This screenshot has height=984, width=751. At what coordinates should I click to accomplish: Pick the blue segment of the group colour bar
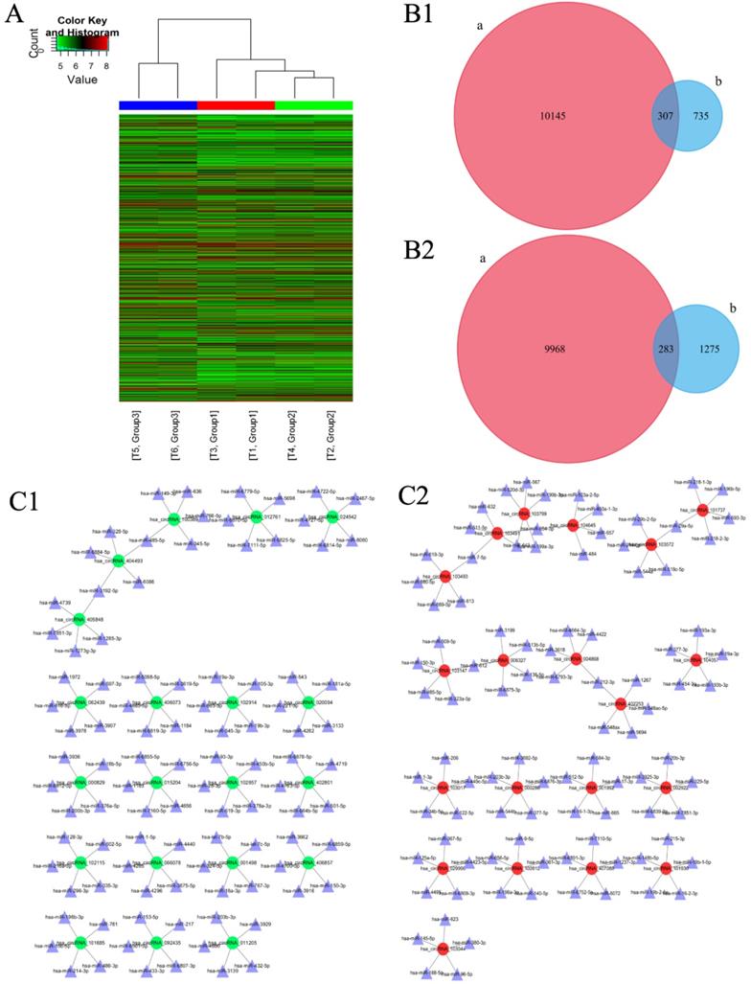click(x=157, y=105)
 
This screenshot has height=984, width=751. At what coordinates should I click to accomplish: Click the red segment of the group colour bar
click(x=236, y=105)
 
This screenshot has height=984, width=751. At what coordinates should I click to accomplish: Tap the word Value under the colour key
click(x=82, y=80)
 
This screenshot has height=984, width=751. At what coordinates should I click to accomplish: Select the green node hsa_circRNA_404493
click(x=118, y=561)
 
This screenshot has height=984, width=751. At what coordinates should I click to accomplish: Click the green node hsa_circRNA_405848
click(x=80, y=619)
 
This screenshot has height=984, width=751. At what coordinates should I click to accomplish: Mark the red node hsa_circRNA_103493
click(x=444, y=577)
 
